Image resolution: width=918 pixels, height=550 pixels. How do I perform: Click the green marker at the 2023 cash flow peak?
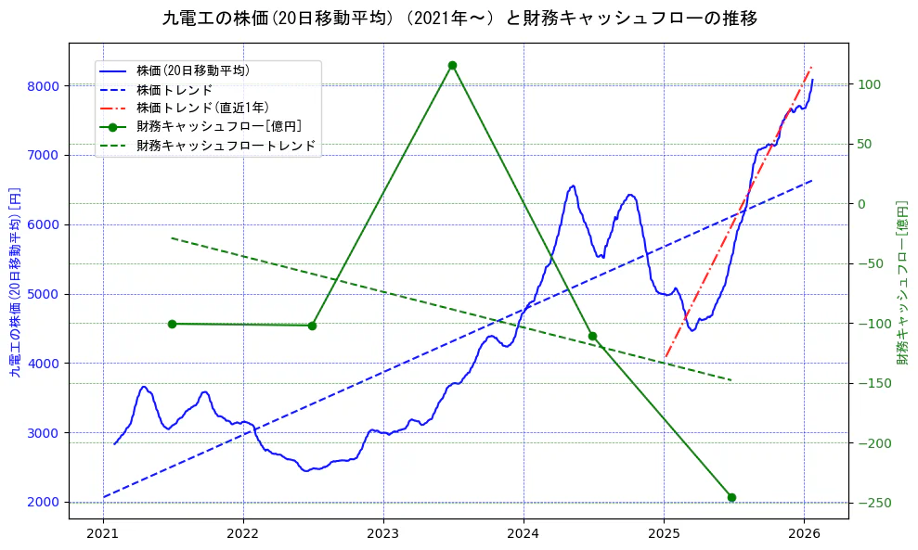coord(452,65)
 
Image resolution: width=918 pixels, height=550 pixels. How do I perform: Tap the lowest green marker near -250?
coord(731,497)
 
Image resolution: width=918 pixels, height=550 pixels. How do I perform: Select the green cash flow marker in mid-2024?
coord(592,336)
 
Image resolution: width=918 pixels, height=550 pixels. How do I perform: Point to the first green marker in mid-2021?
coord(172,324)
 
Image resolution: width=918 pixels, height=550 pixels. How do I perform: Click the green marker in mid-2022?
coord(312,326)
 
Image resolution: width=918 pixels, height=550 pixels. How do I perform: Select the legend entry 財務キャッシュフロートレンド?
coord(226,146)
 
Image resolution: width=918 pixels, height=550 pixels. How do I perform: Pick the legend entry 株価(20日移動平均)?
coord(192,70)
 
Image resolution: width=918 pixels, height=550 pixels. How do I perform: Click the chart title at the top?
coord(459,19)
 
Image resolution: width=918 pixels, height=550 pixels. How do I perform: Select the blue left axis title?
coord(15,283)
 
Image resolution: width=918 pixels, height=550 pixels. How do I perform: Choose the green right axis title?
coord(901,282)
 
